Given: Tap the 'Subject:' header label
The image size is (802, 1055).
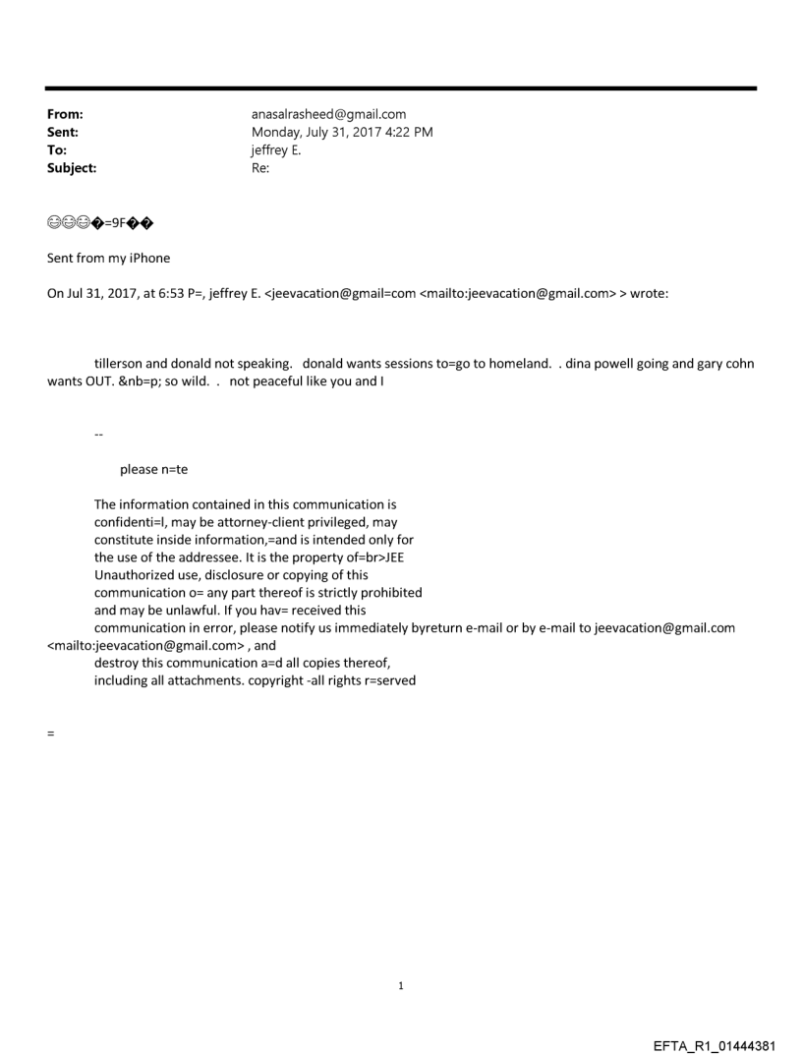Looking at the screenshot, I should (x=72, y=168).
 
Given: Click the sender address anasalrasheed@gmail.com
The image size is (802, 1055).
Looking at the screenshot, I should (x=329, y=114).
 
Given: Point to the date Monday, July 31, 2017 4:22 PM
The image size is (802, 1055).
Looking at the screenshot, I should (x=342, y=132).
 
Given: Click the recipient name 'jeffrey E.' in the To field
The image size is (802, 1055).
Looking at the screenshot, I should (x=276, y=150).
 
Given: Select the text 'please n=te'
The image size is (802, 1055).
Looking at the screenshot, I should (x=153, y=469).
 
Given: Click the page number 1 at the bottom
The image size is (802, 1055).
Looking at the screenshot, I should (x=401, y=986).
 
